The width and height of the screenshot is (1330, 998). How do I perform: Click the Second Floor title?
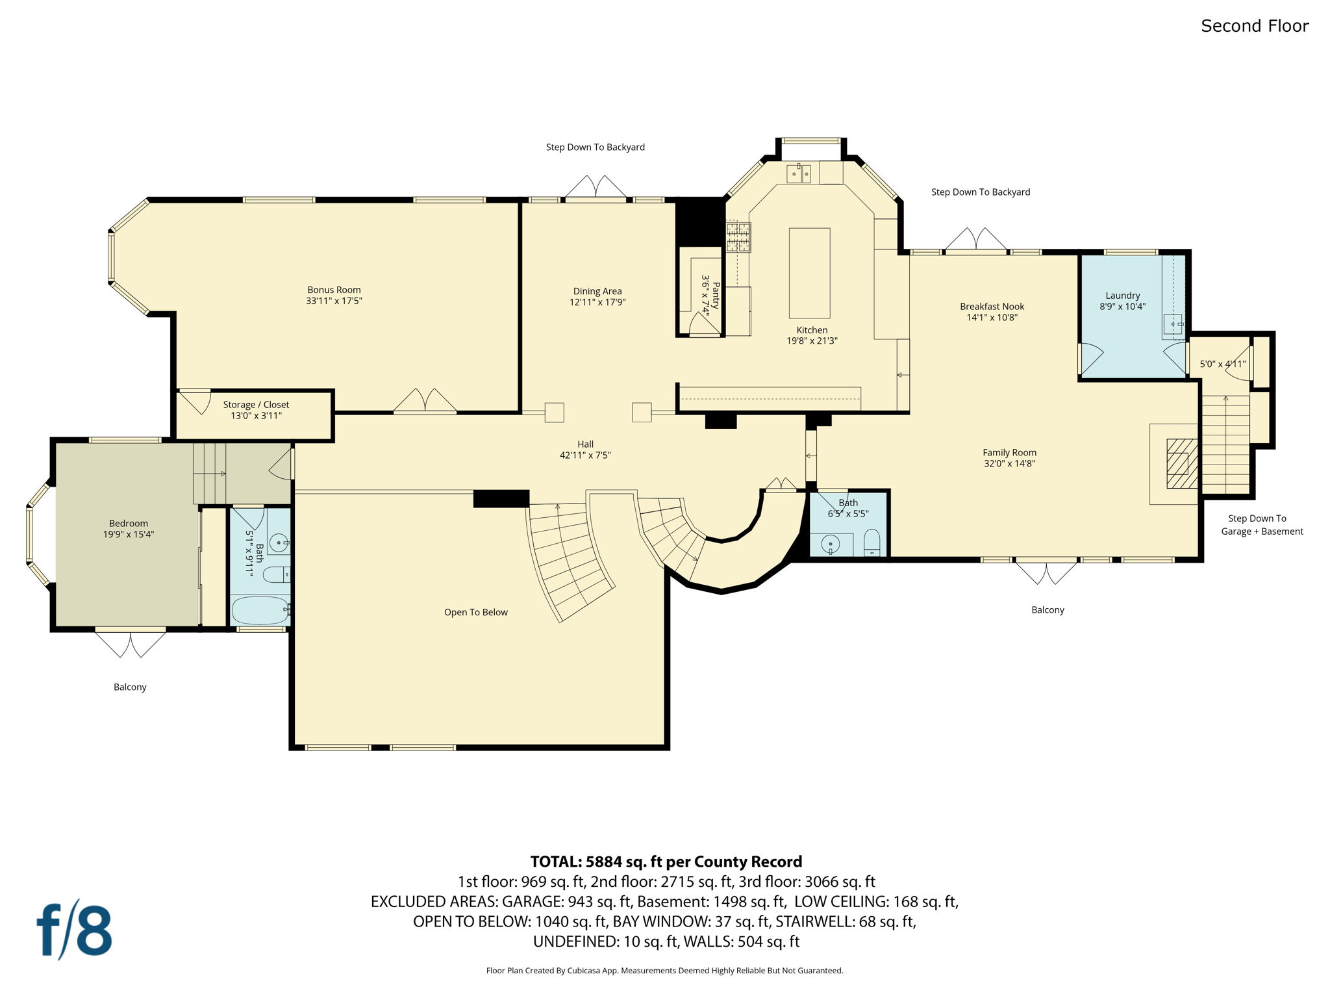click(1254, 26)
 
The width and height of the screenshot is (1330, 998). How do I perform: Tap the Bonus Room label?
click(334, 290)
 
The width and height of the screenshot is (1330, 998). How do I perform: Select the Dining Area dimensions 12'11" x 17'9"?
click(597, 302)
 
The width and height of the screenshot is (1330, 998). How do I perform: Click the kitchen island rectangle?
click(809, 272)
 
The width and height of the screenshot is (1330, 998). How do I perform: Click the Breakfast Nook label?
click(992, 306)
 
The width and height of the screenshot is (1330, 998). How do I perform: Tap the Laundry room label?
click(1122, 295)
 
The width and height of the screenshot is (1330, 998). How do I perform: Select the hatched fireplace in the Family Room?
click(1181, 463)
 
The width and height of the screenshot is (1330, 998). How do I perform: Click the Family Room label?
click(1009, 452)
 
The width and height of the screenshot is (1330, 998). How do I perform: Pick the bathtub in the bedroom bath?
click(260, 610)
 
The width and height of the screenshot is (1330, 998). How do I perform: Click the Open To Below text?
click(475, 612)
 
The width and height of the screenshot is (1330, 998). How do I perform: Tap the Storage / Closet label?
click(256, 404)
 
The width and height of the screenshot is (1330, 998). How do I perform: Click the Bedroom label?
click(129, 523)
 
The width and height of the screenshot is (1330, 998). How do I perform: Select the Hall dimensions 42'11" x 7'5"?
click(585, 455)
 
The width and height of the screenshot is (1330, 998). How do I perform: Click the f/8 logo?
click(74, 930)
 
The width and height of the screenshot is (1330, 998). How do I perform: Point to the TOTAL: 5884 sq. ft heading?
click(666, 862)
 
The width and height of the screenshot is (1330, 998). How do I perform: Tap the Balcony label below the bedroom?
click(130, 687)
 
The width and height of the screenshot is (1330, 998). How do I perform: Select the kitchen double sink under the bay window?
click(799, 173)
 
